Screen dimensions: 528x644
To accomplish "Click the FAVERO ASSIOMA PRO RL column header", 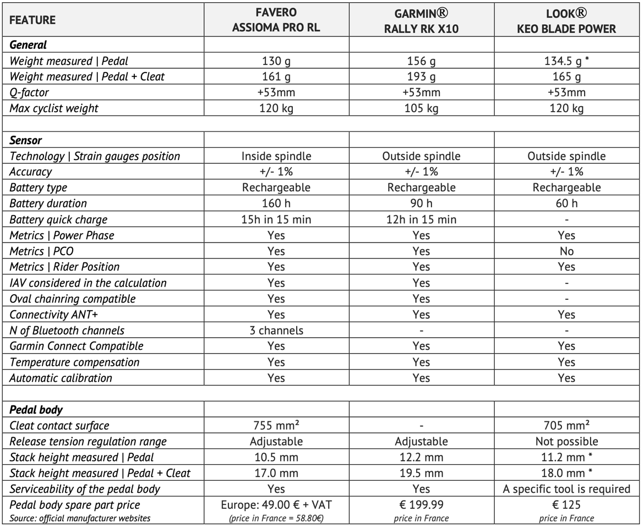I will point(276,20).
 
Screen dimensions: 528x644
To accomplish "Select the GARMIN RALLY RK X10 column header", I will point(421,20).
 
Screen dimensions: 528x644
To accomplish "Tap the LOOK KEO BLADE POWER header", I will point(566,20).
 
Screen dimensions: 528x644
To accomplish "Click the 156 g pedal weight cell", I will point(421,61).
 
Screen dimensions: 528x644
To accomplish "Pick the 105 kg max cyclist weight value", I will point(421,108).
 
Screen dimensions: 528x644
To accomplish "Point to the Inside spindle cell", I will point(276,156).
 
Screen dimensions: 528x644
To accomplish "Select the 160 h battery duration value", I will point(276,204).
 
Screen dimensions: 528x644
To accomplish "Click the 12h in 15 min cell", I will point(421,219).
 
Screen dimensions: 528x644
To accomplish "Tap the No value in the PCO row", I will point(566,251).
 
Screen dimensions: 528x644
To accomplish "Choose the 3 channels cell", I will point(276,331).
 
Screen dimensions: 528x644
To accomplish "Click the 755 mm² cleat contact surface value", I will point(276,426).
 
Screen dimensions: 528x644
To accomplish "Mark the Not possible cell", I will point(566,442).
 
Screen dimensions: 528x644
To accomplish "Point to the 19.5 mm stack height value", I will point(421,473).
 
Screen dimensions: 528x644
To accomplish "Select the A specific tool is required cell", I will point(566,489).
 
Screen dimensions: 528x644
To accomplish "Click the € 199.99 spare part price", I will point(421,505).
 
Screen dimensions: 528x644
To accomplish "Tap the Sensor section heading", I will point(26,140).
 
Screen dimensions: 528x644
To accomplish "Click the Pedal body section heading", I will point(36,410).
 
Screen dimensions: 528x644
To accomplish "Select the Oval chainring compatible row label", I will point(73,299).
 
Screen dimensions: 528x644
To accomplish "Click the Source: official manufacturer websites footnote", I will point(80,518).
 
